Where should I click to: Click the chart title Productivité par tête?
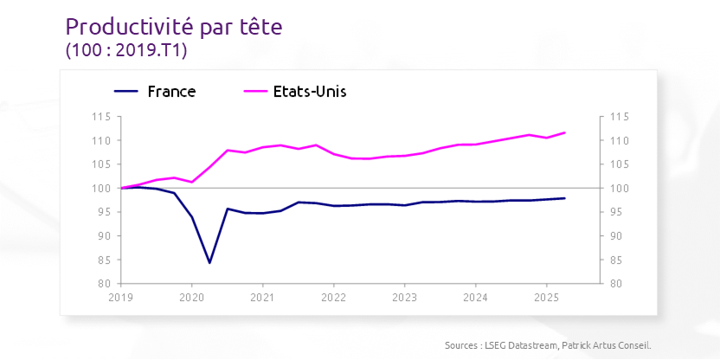(x=174, y=27)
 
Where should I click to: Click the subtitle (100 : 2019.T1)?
(x=126, y=51)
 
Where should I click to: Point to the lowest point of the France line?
(x=209, y=262)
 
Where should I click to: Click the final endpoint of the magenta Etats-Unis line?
(x=564, y=132)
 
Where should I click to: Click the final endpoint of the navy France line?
(x=564, y=198)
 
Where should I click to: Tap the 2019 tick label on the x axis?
(x=120, y=297)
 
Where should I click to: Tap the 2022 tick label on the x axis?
(x=333, y=297)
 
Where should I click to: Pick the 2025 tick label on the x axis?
(x=546, y=297)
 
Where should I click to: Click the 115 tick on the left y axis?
(x=103, y=117)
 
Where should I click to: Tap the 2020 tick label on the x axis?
(x=191, y=297)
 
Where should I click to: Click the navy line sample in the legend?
(x=126, y=91)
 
